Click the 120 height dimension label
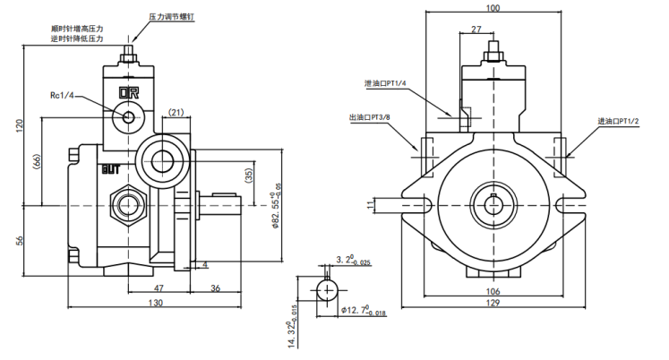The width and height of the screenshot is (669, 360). click(x=20, y=126)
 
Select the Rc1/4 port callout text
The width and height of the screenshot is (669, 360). click(x=62, y=95)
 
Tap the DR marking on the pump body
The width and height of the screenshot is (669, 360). click(x=129, y=93)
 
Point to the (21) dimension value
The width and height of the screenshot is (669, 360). click(x=176, y=112)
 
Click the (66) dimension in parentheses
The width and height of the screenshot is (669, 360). click(x=37, y=162)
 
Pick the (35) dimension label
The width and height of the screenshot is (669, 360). click(x=249, y=176)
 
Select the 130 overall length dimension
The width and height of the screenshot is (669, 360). click(x=155, y=303)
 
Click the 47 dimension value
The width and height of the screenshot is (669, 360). click(x=159, y=288)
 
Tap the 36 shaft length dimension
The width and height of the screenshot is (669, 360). click(x=216, y=288)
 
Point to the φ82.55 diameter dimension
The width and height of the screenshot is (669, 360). click(x=277, y=210)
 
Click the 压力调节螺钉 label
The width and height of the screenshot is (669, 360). click(x=172, y=17)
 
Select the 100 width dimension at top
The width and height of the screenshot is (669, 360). click(x=493, y=8)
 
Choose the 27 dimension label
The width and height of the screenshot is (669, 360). click(x=476, y=29)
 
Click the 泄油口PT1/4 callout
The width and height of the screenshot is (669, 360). click(x=385, y=83)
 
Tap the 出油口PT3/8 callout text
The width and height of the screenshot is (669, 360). click(x=370, y=117)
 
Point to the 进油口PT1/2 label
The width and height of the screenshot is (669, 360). click(x=618, y=121)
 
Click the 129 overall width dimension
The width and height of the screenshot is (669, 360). click(x=493, y=303)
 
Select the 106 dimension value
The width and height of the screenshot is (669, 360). click(x=493, y=291)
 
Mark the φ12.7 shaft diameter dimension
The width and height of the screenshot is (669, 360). click(x=364, y=311)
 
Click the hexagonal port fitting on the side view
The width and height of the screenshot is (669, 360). click(x=128, y=205)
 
